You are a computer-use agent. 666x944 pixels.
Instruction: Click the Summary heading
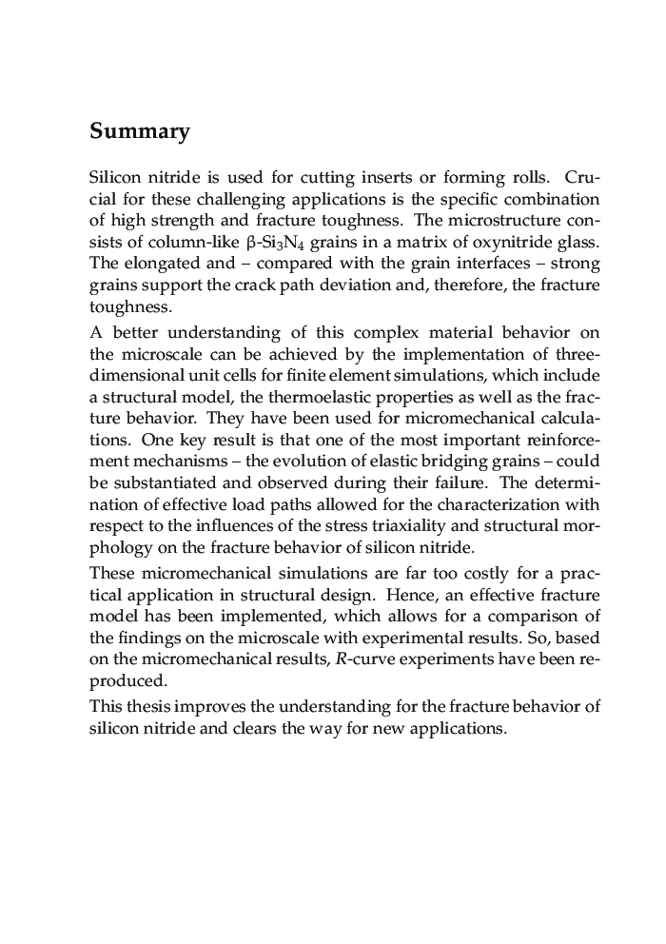(139, 131)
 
